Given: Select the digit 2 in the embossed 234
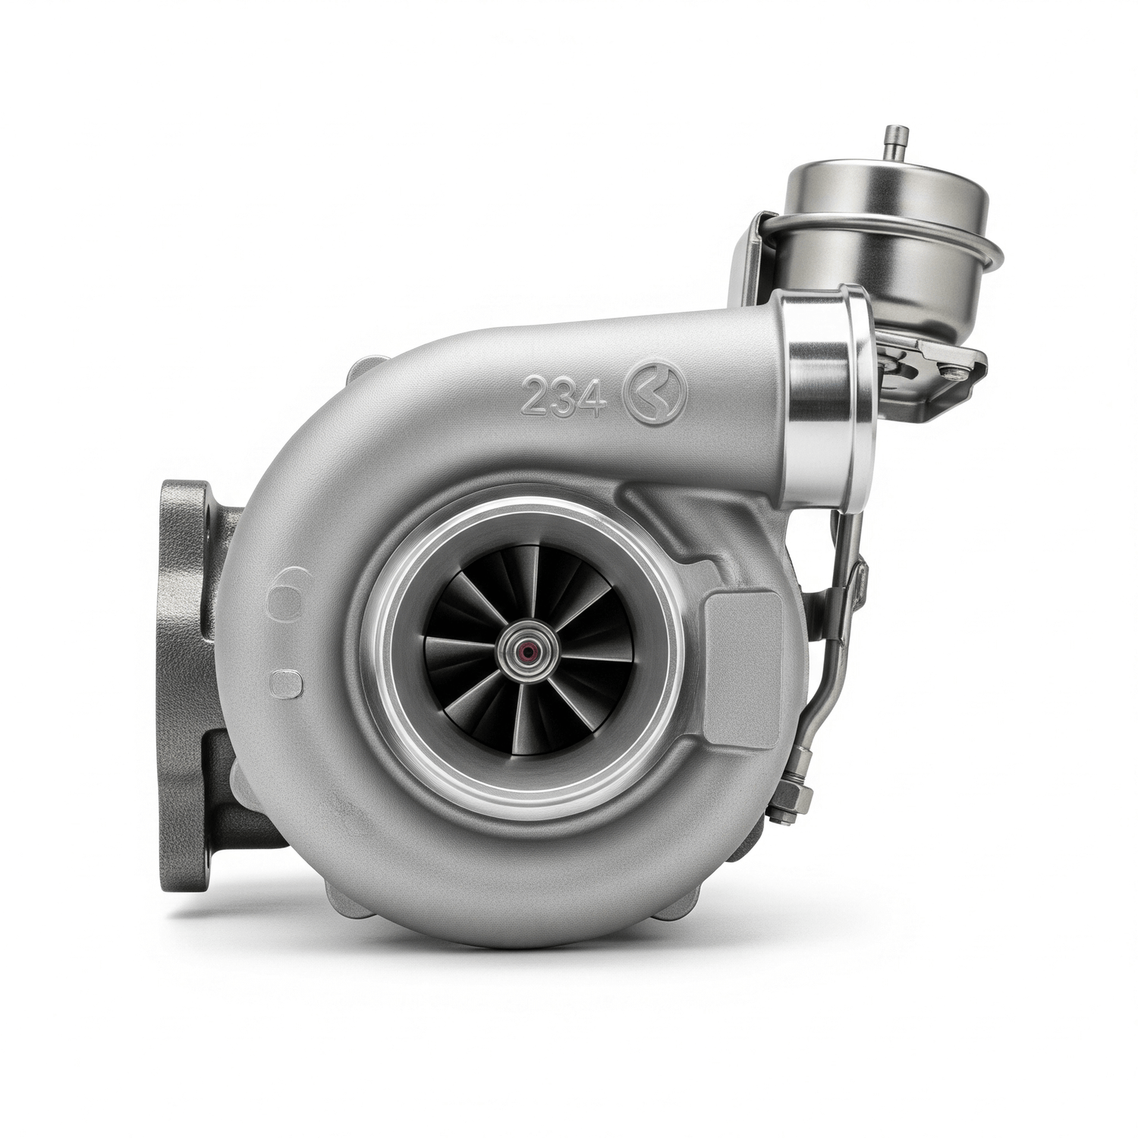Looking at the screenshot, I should [536, 396].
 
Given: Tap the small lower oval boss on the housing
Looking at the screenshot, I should [287, 684].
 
